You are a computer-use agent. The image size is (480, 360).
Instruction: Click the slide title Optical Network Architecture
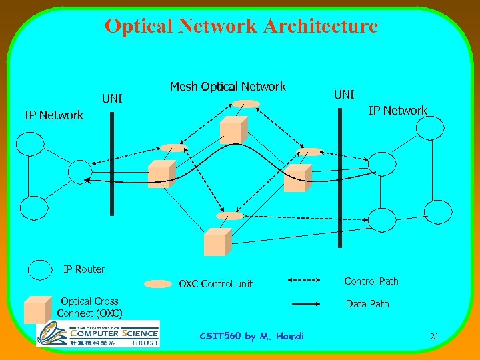point(241,27)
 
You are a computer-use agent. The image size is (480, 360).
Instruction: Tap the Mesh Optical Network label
point(227,87)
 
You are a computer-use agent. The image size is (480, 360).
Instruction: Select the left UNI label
point(111,99)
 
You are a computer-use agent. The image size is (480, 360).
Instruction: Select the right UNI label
point(343,95)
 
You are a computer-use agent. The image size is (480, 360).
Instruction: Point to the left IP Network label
point(53,115)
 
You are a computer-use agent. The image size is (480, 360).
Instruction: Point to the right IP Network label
point(398,111)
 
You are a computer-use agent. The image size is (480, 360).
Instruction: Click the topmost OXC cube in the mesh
point(234,129)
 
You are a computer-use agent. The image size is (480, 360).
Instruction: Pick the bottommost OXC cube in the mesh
point(217,241)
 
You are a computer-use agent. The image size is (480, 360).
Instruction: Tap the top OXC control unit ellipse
point(247,104)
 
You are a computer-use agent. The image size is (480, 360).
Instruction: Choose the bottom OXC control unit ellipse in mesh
point(230,216)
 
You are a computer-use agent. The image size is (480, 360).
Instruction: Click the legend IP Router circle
point(41,269)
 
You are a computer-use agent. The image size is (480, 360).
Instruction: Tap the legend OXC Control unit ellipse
point(158,284)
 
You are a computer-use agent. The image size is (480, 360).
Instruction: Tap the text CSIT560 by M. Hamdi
point(251,336)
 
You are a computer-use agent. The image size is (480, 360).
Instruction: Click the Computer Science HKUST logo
point(97,333)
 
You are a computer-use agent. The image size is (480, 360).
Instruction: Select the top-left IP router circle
point(33,143)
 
